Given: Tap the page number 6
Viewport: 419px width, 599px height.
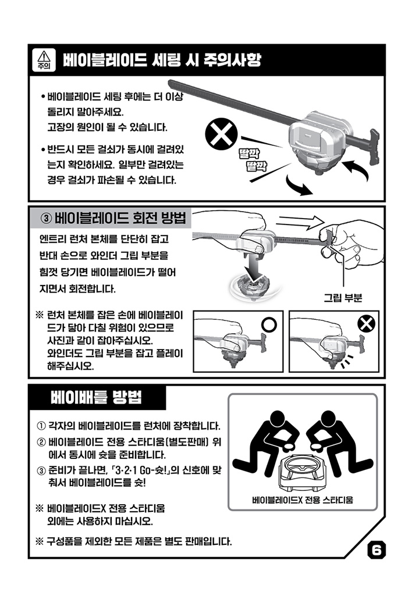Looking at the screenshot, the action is (x=376, y=550).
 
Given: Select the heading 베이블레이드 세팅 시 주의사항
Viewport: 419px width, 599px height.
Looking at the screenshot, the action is (x=162, y=60).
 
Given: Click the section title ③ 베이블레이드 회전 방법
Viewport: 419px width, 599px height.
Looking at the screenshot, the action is (x=113, y=218).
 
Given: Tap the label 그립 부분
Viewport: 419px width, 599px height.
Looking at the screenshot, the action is (x=343, y=298).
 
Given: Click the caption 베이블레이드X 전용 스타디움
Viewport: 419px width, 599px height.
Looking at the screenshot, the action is (x=303, y=500).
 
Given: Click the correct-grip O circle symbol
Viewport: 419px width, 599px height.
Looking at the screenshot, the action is (x=269, y=324).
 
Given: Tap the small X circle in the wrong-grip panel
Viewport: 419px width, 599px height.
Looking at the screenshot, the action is (x=366, y=324).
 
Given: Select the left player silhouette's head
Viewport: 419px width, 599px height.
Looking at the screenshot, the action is (x=279, y=420).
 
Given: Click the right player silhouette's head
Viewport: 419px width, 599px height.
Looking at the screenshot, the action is (x=328, y=420).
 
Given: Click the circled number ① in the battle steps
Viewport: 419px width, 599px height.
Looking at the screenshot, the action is (x=41, y=426).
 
